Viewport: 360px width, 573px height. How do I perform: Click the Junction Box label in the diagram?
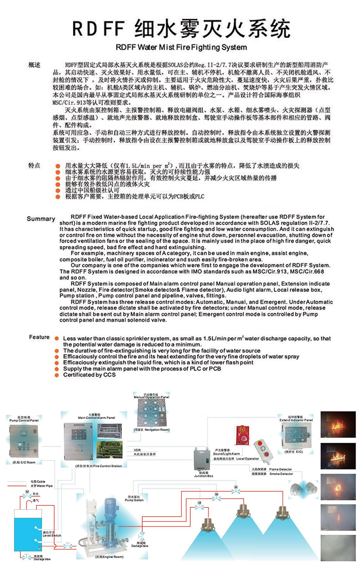point(203,476)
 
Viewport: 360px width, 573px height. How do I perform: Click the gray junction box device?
point(203,460)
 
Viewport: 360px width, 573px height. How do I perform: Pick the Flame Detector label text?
point(280,469)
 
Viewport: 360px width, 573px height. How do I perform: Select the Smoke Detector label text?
point(281,474)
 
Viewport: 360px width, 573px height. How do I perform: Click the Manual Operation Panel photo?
point(152,413)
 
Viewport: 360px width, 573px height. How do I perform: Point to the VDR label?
point(137,450)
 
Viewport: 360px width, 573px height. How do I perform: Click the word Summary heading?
point(41,219)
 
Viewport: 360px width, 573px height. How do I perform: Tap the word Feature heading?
point(39,337)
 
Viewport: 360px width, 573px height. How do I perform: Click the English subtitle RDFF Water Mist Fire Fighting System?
point(181,47)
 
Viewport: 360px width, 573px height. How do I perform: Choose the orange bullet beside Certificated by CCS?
point(57,375)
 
